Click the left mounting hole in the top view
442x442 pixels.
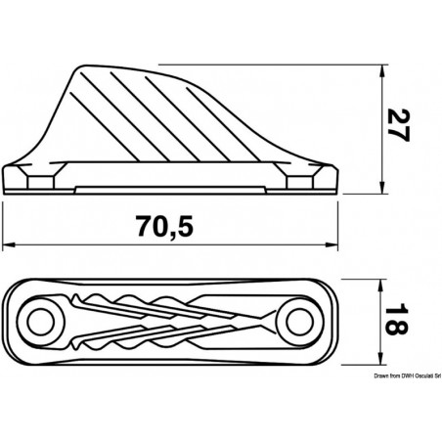click(x=41, y=318)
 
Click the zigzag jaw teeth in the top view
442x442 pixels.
click(x=166, y=319)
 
